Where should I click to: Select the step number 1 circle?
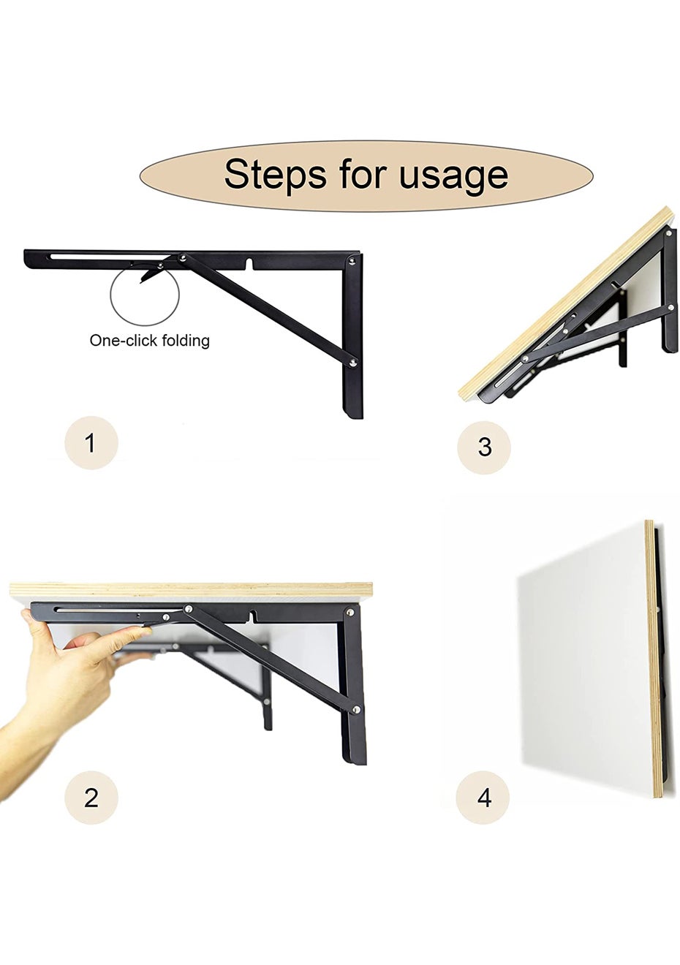[x=91, y=442]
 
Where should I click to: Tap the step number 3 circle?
[x=484, y=447]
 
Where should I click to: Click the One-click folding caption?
[x=150, y=341]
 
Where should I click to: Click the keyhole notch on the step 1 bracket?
[x=250, y=264]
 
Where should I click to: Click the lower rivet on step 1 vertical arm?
[x=353, y=363]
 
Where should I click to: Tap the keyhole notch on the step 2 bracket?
[x=252, y=615]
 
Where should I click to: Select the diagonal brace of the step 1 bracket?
[x=268, y=310]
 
